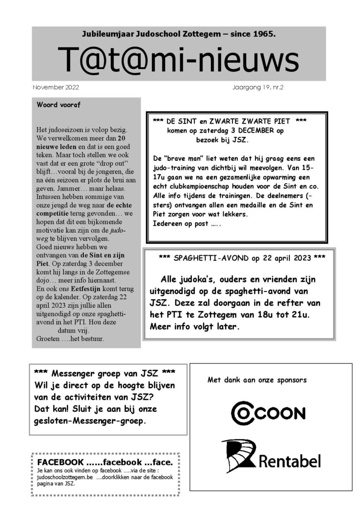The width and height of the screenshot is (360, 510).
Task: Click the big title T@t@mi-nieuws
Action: pyautogui.click(x=178, y=60)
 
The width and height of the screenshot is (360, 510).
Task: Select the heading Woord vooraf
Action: pyautogui.click(x=59, y=105)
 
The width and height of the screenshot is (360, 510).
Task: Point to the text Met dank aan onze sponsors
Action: pyautogui.click(x=257, y=380)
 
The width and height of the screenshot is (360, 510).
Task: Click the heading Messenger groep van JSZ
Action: pyautogui.click(x=105, y=374)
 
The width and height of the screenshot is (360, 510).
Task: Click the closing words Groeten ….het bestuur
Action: pyautogui.click(x=70, y=338)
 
